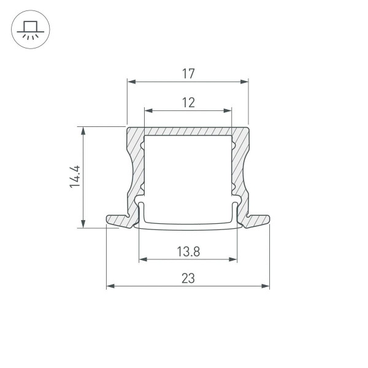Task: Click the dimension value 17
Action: click(188, 74)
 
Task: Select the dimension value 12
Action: click(188, 102)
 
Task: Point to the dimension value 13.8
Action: click(188, 251)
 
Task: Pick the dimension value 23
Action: click(188, 278)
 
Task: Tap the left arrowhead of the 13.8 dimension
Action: click(143, 259)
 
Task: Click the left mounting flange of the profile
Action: click(118, 220)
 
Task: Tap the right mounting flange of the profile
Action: click(258, 220)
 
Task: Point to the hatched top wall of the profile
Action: click(188, 131)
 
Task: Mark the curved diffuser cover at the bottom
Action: click(188, 226)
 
